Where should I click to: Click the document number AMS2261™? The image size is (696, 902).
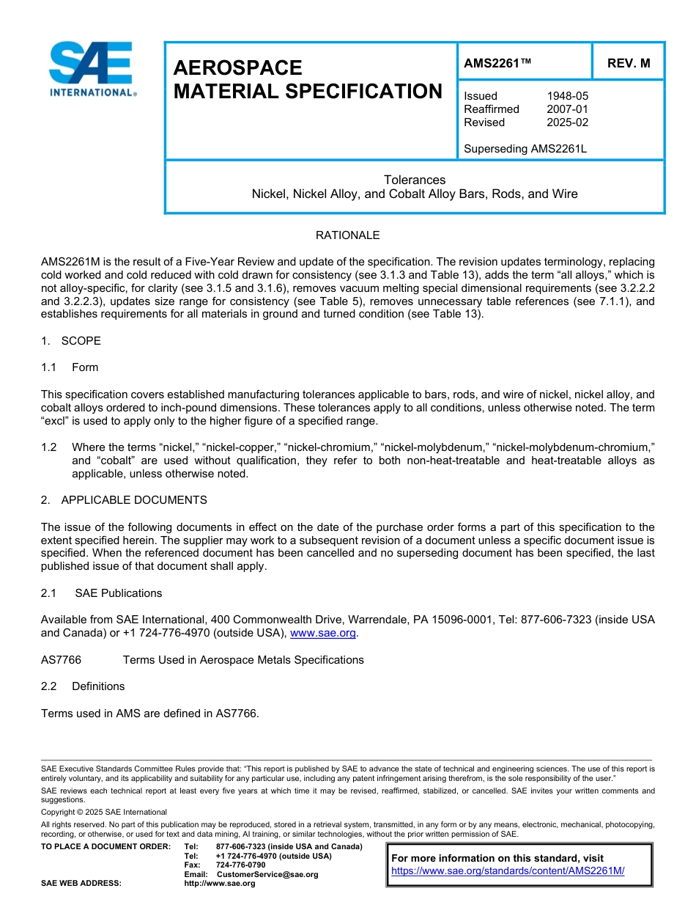(497, 63)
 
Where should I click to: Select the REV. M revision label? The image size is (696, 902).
(628, 63)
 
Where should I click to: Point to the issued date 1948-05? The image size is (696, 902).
(567, 96)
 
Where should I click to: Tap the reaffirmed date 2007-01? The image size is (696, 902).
(567, 109)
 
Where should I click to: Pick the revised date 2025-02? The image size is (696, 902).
(567, 122)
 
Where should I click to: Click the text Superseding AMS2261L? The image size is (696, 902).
(525, 149)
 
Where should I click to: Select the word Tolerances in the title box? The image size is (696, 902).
(415, 180)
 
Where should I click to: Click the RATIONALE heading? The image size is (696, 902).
(347, 235)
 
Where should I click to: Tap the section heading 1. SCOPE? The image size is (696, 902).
(71, 341)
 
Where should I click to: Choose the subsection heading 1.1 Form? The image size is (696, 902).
(70, 367)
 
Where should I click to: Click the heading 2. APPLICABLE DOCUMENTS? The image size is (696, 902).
(124, 500)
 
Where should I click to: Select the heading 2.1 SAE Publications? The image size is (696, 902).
(102, 593)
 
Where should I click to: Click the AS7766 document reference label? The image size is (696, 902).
(61, 660)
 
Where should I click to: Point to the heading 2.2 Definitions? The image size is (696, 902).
(83, 686)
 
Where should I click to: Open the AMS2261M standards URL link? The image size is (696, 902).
(508, 871)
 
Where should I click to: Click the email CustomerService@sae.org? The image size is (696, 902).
(267, 874)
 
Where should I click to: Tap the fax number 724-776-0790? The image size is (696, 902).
(241, 865)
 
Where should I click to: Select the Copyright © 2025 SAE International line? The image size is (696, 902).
(104, 812)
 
